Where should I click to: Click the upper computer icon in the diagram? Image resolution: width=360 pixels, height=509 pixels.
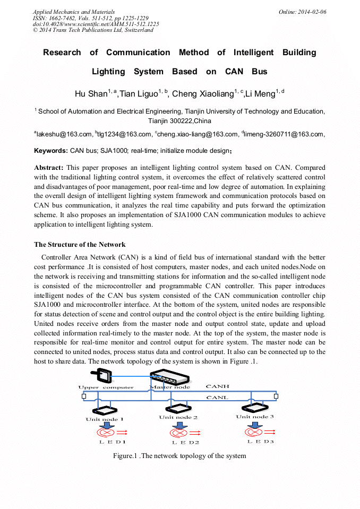pyautogui.click(x=102, y=376)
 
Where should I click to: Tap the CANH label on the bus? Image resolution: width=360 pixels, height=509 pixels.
pyautogui.click(x=217, y=387)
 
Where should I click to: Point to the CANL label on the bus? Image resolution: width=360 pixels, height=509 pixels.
pyautogui.click(x=217, y=398)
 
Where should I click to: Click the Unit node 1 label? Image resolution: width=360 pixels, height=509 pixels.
pyautogui.click(x=105, y=419)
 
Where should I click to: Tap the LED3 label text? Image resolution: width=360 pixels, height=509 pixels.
pyautogui.click(x=261, y=442)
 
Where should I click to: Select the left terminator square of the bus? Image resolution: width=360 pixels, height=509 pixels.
pyautogui.click(x=84, y=396)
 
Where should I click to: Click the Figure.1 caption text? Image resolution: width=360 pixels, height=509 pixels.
pyautogui.click(x=179, y=456)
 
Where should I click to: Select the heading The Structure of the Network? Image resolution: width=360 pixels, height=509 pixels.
pyautogui.click(x=80, y=245)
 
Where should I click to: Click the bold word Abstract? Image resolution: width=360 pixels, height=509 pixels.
pyautogui.click(x=49, y=168)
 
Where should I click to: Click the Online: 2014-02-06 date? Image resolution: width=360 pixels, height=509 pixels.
pyautogui.click(x=303, y=12)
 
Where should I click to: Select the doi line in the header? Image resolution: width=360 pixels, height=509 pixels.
pyautogui.click(x=96, y=24)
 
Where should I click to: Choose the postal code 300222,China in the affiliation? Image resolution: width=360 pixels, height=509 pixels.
pyautogui.click(x=179, y=121)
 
